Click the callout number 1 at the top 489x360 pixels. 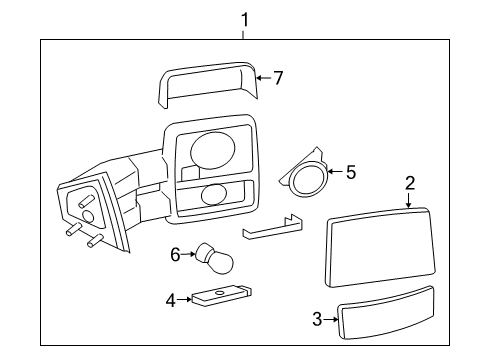pos(245,20)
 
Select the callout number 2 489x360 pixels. pos(410,183)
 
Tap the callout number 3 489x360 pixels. pos(317,319)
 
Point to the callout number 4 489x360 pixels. pos(171,300)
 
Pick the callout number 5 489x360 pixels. pos(351,172)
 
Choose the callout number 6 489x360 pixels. pos(175,255)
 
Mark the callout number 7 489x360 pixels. pos(278,78)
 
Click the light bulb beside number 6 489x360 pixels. pos(214,259)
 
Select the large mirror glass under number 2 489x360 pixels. pos(380,247)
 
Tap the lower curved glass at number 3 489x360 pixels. pos(386,313)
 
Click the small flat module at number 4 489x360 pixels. pos(222,295)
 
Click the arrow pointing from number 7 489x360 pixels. pos(264,78)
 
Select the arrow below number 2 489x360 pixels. pos(409,200)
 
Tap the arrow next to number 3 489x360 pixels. pos(331,319)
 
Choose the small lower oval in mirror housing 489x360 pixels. pos(214,194)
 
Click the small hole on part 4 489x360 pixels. pos(219,292)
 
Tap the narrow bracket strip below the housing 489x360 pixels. pos(272,227)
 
